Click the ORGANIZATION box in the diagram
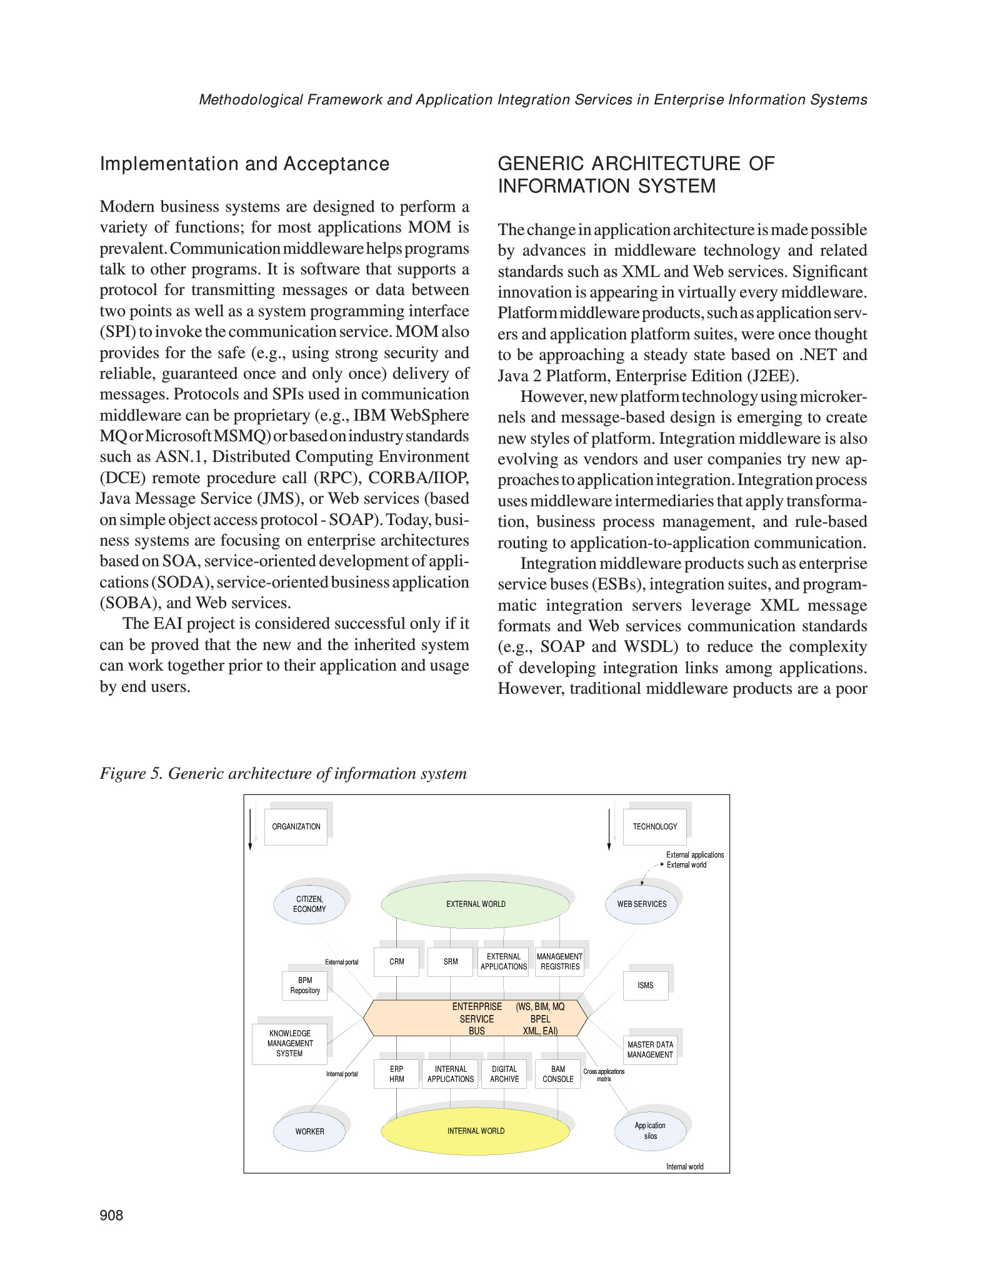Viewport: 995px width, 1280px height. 296,827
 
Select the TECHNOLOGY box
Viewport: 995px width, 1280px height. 654,827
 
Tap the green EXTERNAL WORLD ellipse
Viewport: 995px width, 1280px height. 476,904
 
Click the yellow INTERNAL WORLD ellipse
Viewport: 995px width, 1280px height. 476,1131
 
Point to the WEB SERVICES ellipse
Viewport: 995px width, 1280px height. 642,904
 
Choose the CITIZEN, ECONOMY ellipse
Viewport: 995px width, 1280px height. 309,904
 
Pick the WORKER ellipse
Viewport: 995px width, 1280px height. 309,1131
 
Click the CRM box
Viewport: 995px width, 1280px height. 397,962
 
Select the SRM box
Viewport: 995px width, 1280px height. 451,962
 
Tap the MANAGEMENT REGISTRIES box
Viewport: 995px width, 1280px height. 559,962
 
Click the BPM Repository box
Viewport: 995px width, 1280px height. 305,986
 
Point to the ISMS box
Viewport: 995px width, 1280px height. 646,986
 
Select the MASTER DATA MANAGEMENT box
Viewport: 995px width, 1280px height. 650,1049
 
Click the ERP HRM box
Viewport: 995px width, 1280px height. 397,1074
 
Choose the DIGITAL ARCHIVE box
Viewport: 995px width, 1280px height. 504,1074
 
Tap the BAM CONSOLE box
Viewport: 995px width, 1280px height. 558,1074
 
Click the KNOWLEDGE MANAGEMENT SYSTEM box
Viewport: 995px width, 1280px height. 289,1044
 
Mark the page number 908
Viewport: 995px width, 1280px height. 112,1215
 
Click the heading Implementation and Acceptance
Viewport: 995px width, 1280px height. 244,164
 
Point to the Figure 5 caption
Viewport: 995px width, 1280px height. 283,774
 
